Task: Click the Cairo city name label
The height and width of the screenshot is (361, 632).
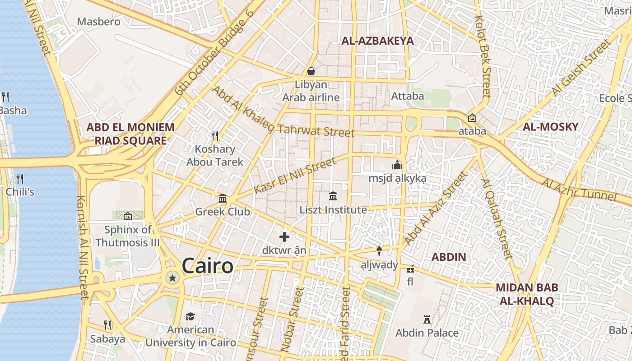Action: click(x=208, y=266)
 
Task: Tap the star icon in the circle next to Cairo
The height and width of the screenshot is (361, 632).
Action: click(x=172, y=278)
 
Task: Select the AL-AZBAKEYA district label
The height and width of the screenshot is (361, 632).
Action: click(x=377, y=41)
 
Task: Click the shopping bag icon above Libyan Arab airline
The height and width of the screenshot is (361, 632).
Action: click(x=311, y=71)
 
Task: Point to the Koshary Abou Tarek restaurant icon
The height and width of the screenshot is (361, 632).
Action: click(x=215, y=135)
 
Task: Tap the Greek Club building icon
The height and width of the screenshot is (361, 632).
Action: click(x=223, y=199)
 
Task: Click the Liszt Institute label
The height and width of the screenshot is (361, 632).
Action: click(x=333, y=210)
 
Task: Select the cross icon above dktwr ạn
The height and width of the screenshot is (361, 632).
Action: click(x=284, y=237)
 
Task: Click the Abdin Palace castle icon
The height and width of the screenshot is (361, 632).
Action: click(x=427, y=319)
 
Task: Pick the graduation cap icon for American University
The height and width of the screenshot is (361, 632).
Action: click(x=190, y=316)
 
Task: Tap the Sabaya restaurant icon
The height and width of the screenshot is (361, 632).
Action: click(x=107, y=325)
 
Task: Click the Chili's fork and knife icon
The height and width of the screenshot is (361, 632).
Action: click(x=19, y=178)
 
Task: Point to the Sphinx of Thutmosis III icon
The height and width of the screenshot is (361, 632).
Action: click(x=127, y=216)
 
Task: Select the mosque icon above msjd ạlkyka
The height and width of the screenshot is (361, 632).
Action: click(x=397, y=165)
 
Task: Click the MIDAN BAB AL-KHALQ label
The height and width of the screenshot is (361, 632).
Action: click(x=526, y=294)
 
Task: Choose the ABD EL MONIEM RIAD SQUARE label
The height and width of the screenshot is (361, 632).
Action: click(x=130, y=134)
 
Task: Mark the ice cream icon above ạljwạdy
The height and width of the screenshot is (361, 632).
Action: click(x=379, y=251)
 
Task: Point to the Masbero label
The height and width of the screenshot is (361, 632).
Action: click(x=99, y=21)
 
